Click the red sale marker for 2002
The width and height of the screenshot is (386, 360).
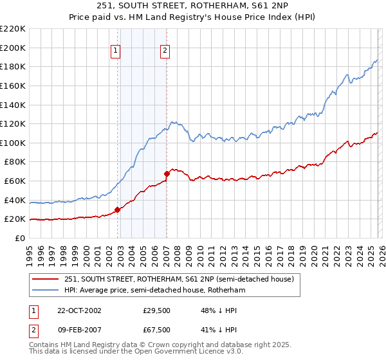coord(118,210)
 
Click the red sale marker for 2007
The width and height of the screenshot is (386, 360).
coord(167,174)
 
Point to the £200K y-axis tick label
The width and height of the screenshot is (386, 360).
coord(13,48)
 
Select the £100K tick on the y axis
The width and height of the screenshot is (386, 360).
coord(13,143)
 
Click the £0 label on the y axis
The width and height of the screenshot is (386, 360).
coord(19,238)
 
